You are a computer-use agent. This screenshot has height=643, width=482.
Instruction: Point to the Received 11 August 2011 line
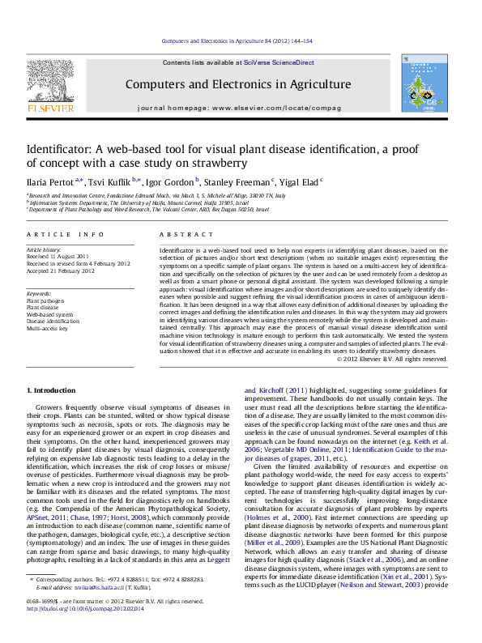(59, 257)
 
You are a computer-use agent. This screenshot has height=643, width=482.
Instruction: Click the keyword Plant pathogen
(45, 300)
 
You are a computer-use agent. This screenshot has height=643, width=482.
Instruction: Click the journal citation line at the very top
(237, 40)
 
